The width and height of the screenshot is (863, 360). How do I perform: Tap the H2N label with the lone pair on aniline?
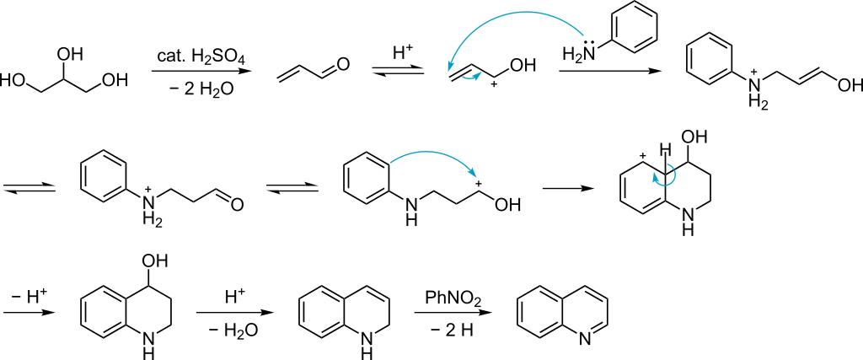tap(577, 56)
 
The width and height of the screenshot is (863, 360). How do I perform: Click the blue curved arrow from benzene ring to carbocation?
tap(428, 159)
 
